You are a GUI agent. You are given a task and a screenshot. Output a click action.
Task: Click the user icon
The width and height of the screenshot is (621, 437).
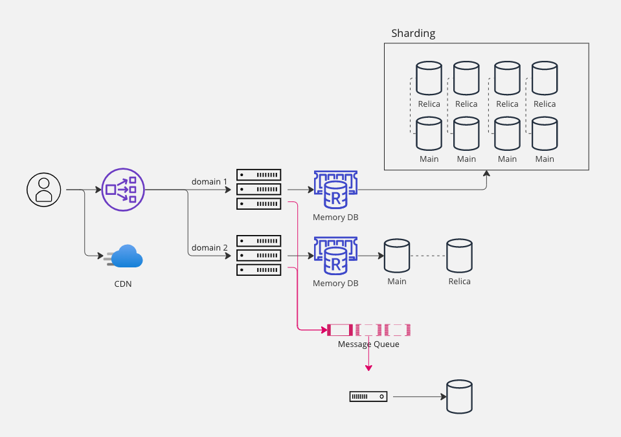coord(43,190)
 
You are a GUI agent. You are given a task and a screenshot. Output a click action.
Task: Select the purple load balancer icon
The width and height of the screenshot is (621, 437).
coord(123,190)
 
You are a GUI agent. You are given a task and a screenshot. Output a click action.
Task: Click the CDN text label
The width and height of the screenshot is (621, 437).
coord(122,283)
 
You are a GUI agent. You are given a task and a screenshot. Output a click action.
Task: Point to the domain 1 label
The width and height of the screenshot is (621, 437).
coord(210,181)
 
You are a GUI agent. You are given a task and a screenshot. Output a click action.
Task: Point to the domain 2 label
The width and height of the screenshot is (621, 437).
coord(210,247)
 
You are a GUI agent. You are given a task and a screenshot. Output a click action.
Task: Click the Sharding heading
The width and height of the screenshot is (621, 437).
coord(413,33)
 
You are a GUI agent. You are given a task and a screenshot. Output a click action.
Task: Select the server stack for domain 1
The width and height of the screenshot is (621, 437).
coord(258,189)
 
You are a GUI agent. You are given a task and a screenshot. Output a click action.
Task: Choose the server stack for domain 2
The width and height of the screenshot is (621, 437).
coord(258,255)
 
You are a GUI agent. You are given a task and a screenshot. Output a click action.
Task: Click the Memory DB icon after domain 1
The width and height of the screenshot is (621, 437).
coord(335,190)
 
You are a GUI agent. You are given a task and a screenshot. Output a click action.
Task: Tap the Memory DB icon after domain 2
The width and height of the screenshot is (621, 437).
coord(335,256)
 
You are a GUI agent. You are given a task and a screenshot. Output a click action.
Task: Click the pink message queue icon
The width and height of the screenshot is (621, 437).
coord(369,330)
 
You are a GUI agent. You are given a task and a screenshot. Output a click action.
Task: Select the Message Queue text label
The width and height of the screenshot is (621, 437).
coord(368,344)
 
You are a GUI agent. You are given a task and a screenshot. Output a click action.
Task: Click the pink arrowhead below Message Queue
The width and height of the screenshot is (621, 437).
coord(368,368)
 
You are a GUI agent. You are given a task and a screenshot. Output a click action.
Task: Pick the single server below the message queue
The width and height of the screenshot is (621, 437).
coord(368,396)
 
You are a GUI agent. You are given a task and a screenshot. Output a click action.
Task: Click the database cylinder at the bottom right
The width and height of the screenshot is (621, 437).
coord(459,396)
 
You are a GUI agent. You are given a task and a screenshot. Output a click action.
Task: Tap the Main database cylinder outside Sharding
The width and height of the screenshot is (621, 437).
coord(396,256)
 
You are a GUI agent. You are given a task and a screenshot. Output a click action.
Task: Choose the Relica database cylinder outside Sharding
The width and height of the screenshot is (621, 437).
coord(459,256)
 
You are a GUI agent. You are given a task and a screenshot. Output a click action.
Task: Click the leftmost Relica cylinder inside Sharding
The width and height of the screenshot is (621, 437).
coord(429,78)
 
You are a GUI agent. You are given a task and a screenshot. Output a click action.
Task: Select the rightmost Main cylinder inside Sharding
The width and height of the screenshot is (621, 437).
coord(545,133)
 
